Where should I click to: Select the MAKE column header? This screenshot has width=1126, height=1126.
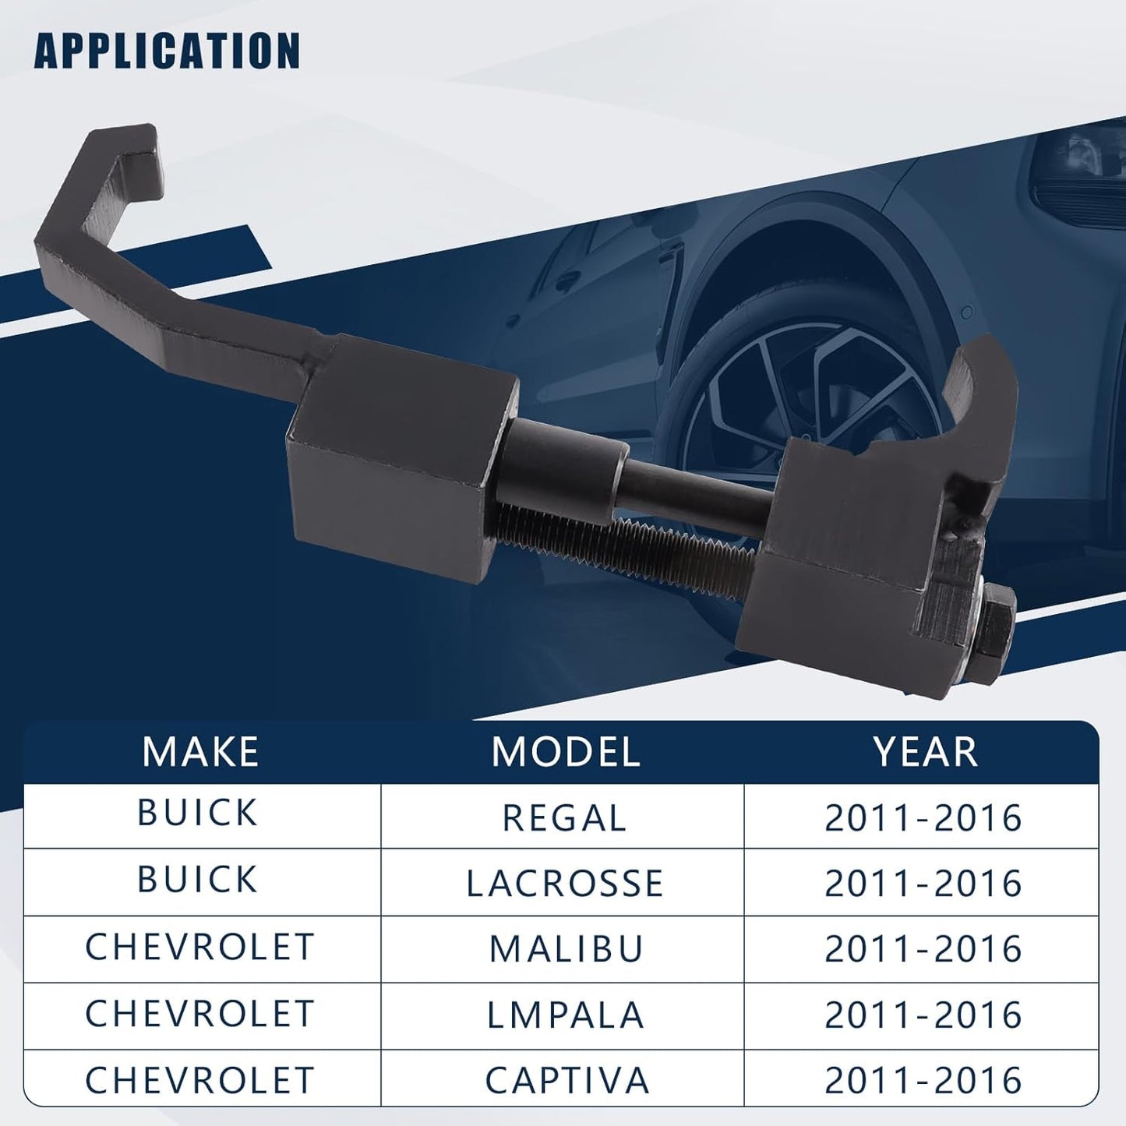pos(200,751)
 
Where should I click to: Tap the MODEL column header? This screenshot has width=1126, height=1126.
pos(565,751)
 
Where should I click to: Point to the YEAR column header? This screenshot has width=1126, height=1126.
pos(925,751)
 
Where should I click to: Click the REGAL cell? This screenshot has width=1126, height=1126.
pos(564,818)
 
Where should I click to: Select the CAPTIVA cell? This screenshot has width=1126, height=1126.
pos(567,1080)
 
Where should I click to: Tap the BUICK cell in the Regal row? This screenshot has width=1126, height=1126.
pos(197,812)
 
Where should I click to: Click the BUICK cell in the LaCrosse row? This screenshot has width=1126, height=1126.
pos(197,879)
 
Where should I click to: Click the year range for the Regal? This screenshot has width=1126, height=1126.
pos(923,818)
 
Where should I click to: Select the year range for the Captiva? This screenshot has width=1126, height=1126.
pos(923,1080)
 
